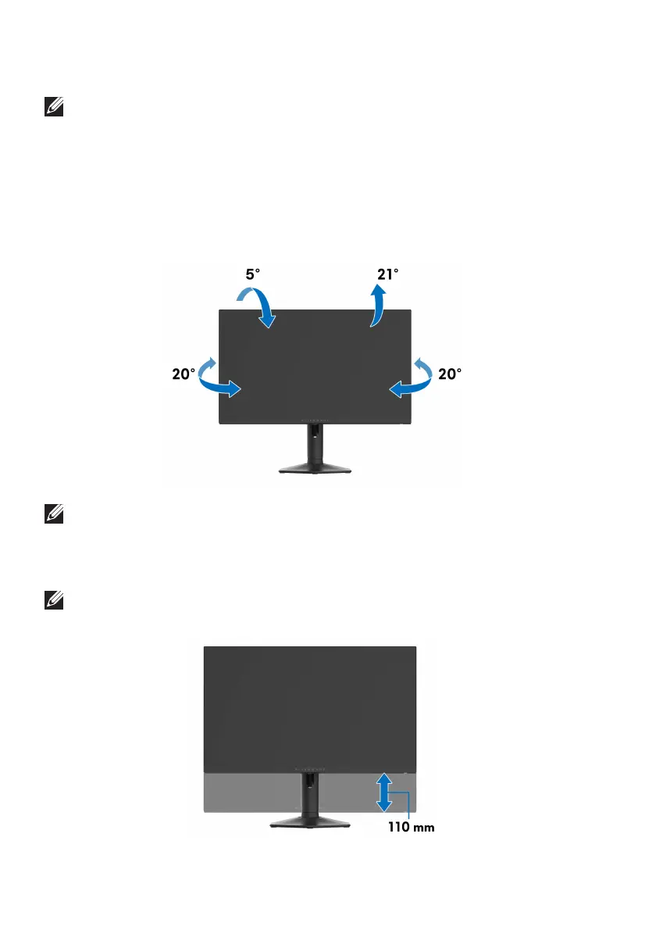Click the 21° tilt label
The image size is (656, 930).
pos(388,274)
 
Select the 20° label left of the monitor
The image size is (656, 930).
pos(184,374)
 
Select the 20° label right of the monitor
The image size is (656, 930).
pos(449,374)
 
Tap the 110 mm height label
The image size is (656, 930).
pos(412,829)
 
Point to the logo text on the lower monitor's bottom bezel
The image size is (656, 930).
pos(310,769)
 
